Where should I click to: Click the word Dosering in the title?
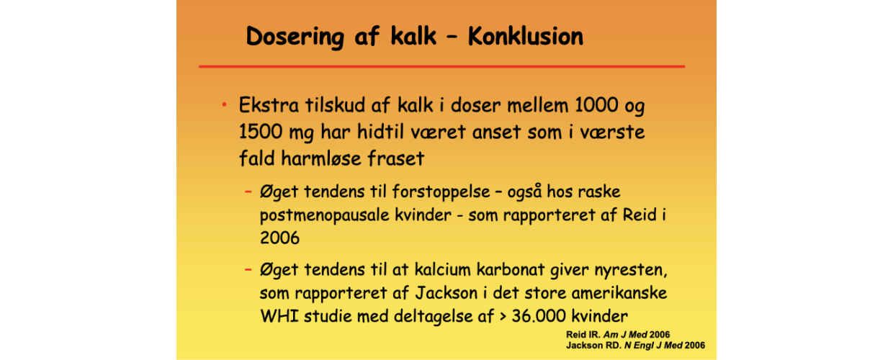pyautogui.click(x=295, y=37)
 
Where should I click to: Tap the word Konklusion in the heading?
pyautogui.click(x=526, y=36)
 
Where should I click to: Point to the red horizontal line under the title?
pyautogui.click(x=441, y=66)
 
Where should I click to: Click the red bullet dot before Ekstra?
pyautogui.click(x=225, y=105)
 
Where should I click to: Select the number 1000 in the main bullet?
pyautogui.click(x=596, y=105)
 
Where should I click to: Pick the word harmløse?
pyautogui.click(x=321, y=158)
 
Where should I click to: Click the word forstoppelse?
pyautogui.click(x=441, y=192)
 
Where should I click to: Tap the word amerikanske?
pyautogui.click(x=619, y=293)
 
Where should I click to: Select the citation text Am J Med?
pyautogui.click(x=625, y=335)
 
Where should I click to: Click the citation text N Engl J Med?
pyautogui.click(x=653, y=346)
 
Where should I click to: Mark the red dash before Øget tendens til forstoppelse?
pyautogui.click(x=248, y=192)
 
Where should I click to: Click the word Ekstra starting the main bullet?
pyautogui.click(x=269, y=105)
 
